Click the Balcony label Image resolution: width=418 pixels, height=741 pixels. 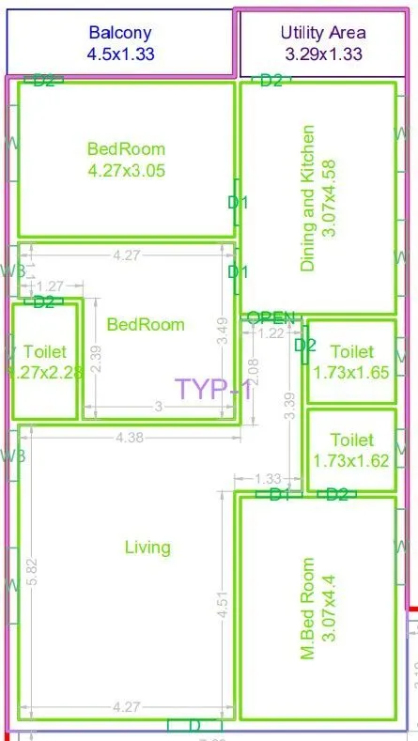[119, 43]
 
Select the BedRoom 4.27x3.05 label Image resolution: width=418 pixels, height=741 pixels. [126, 159]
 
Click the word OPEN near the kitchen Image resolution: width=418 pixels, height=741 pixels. [271, 317]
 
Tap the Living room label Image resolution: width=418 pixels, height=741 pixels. [147, 547]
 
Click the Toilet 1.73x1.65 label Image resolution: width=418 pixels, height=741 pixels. [352, 362]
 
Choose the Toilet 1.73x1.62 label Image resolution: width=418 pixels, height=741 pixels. [352, 450]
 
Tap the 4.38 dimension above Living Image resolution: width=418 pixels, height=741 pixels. [128, 436]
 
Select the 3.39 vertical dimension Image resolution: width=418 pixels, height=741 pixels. [290, 404]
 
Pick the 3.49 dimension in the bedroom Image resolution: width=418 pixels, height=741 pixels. [223, 333]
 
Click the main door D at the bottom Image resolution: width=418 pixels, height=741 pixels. [194, 725]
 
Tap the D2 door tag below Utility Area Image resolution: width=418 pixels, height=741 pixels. [271, 81]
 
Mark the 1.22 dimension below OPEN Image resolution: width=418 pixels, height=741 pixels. [271, 332]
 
